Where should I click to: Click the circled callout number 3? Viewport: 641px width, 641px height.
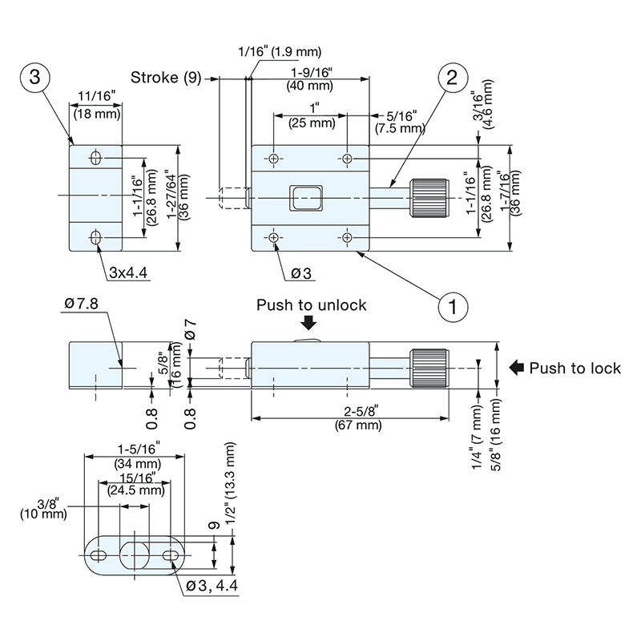click(34, 78)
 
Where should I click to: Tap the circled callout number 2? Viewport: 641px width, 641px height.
click(452, 78)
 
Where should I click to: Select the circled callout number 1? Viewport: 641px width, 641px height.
click(453, 305)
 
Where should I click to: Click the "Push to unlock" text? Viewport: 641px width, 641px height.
click(311, 305)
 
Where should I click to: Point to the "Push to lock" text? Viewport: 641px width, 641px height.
click(575, 369)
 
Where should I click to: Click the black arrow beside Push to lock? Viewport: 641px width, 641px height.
click(517, 369)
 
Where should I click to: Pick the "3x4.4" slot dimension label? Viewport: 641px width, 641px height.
click(127, 273)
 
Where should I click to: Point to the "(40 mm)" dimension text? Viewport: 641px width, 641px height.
click(308, 86)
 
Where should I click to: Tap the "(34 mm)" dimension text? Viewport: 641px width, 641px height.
click(135, 463)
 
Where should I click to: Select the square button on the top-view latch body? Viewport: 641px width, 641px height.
click(304, 196)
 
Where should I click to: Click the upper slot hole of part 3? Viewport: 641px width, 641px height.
click(96, 157)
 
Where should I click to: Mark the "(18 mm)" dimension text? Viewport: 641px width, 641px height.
click(97, 114)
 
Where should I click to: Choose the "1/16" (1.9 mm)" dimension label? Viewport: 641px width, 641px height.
click(280, 53)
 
